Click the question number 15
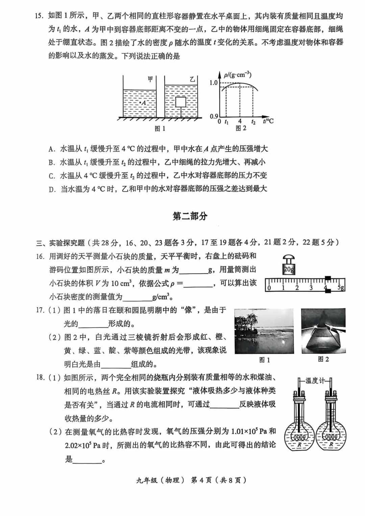[40, 16]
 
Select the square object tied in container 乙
[181, 102]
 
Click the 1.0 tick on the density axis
[214, 83]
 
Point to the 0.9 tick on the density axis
[214, 117]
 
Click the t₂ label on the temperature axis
[253, 122]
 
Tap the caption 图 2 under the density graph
[240, 128]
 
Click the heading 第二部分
[190, 216]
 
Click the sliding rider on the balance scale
[327, 284]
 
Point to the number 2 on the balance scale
[297, 288]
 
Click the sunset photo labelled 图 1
[264, 331]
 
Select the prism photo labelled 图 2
[323, 331]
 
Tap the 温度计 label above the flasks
[315, 381]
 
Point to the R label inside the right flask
[331, 445]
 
